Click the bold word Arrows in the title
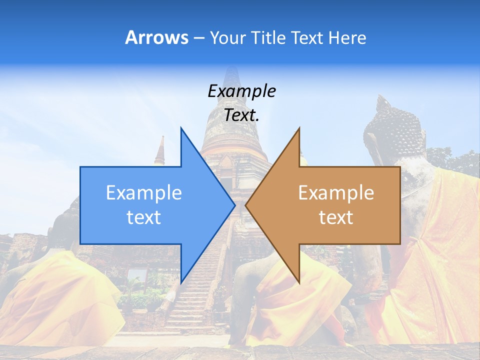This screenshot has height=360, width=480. (x=156, y=37)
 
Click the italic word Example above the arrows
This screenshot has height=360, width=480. (x=241, y=91)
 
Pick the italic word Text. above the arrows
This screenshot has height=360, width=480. (x=241, y=115)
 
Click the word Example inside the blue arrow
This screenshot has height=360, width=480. (x=144, y=192)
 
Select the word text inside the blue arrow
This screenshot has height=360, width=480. (x=144, y=217)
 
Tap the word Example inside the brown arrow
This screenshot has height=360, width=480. (x=336, y=192)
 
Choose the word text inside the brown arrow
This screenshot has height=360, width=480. (x=336, y=217)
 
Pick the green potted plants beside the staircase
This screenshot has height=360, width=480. (x=140, y=297)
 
